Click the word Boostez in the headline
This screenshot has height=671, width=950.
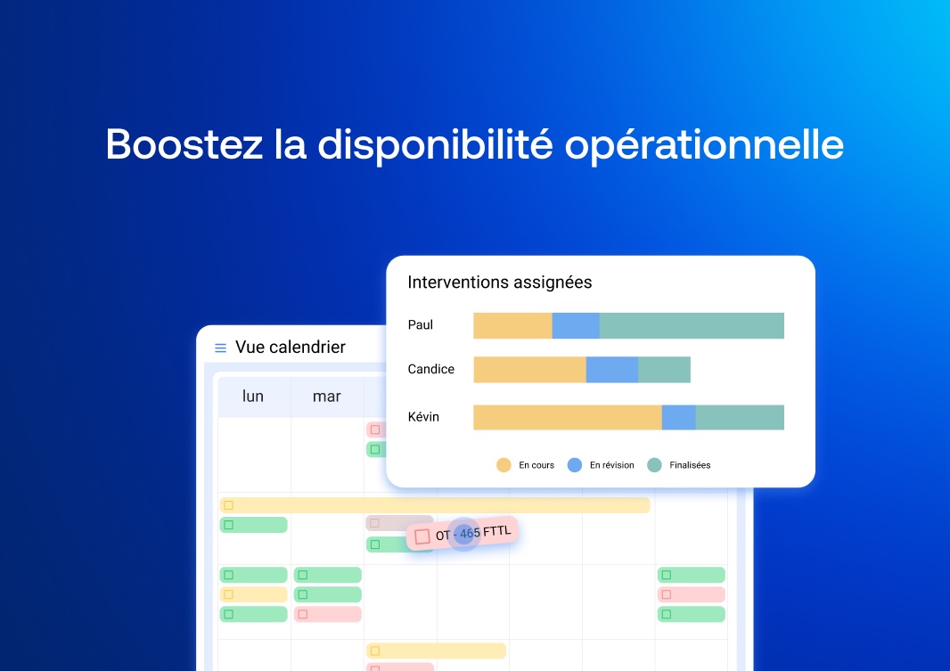pos(184,144)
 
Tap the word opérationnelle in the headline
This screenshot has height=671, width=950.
pos(704,146)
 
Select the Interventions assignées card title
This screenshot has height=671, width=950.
pos(500,282)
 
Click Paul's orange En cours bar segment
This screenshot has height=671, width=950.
pos(512,326)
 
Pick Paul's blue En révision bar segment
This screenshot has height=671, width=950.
pos(576,326)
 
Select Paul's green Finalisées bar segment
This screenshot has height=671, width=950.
pos(692,326)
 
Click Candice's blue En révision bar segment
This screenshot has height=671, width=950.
pos(612,370)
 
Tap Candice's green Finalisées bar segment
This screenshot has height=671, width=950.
pos(664,370)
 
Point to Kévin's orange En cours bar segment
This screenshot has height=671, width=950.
pos(568,417)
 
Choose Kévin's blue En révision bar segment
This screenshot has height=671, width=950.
pos(678,417)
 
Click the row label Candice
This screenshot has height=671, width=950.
pos(430,369)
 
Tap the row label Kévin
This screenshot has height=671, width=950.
pos(423,417)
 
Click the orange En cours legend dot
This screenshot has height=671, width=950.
pos(504,465)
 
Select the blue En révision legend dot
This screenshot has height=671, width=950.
pos(574,465)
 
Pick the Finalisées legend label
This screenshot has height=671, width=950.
pos(690,465)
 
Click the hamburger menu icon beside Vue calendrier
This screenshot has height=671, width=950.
pos(220,348)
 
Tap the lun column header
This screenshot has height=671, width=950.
pos(253,396)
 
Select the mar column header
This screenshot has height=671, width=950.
pos(326,397)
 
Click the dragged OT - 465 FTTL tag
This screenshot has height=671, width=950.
pos(463,534)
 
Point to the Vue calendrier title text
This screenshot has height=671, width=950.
pos(291,347)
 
